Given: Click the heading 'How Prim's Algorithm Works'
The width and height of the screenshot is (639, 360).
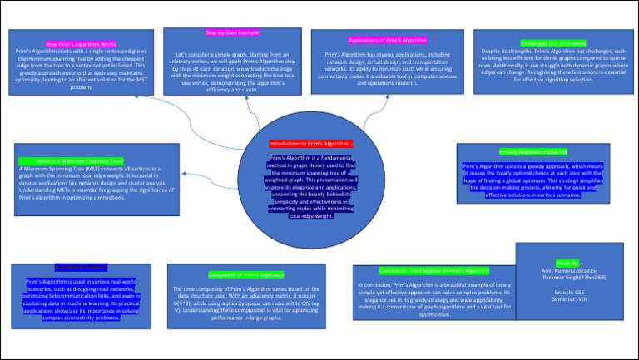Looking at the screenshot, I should point(81,43).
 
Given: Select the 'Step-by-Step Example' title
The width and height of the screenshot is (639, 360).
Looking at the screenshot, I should point(231,32).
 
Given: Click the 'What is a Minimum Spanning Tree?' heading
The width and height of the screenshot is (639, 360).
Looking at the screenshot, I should point(81,160).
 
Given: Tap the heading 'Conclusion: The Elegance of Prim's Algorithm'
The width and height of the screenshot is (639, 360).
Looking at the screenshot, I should point(434,271).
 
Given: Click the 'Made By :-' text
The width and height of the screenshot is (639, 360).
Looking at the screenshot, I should point(568,262).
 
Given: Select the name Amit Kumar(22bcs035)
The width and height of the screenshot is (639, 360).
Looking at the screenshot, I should point(568,269).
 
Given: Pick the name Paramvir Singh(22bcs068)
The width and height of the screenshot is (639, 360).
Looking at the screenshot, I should point(568,277).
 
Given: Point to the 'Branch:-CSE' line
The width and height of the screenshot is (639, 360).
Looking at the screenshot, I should point(568,292).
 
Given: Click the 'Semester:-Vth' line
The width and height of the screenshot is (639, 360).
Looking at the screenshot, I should point(568,299).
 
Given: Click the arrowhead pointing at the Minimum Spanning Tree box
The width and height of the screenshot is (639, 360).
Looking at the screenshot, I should point(183,175).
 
